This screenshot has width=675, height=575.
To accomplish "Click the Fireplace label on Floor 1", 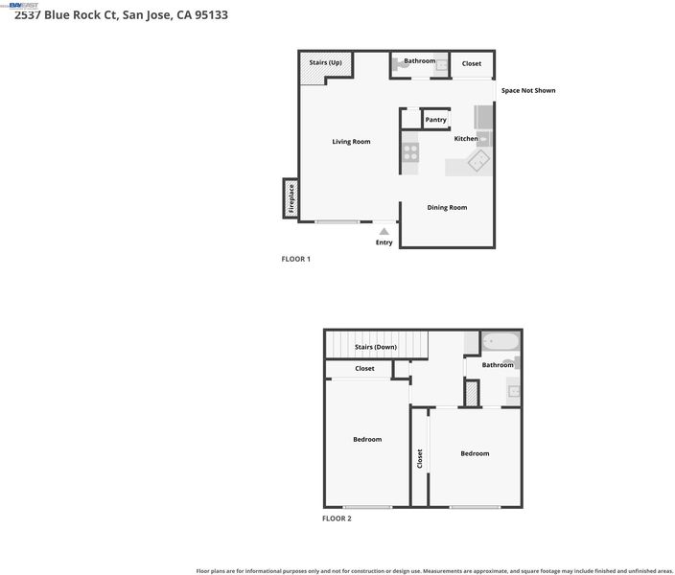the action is (291, 198).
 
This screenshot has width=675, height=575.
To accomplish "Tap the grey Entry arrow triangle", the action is (384, 232).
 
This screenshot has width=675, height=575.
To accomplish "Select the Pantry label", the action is (435, 120).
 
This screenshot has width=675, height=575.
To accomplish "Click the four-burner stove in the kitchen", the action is (410, 152).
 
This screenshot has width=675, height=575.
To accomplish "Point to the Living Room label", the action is (351, 142).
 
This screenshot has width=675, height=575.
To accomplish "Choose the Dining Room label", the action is (447, 207).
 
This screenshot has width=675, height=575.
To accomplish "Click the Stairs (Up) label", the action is (325, 62).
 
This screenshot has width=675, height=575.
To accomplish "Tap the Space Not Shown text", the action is (528, 90).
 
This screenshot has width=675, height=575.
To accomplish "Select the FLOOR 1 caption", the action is (295, 259).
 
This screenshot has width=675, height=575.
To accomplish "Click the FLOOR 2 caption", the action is (337, 518).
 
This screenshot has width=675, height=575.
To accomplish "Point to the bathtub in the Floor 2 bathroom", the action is (500, 342).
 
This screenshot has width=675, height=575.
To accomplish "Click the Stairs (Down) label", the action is (376, 347).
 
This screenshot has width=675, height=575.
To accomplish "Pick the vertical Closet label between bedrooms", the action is (420, 458).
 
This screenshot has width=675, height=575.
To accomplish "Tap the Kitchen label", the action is (466, 139).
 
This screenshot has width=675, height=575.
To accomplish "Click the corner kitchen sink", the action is (478, 161).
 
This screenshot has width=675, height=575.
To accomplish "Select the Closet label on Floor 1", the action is (472, 63).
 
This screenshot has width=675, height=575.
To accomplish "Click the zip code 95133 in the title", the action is (211, 14).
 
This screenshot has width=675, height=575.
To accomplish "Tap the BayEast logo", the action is (24, 6).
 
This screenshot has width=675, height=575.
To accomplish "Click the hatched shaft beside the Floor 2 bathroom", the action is (472, 393).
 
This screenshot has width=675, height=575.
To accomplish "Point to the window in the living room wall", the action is (337, 221).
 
